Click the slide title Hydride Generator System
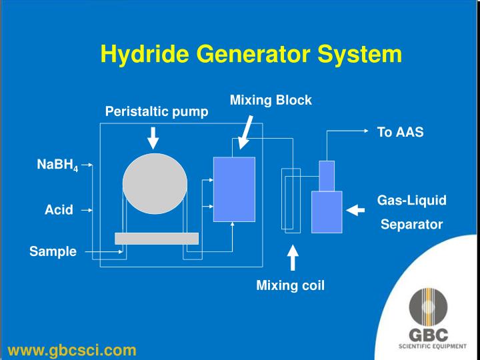point(251,54)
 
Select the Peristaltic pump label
point(157,111)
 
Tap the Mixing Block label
point(271,100)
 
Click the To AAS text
point(400,132)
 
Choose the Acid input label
point(58,209)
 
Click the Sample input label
point(53,251)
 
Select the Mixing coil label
point(290,287)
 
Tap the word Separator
point(411,225)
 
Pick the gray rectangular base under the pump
point(157,238)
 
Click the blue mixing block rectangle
point(234,189)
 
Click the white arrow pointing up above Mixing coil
point(293,259)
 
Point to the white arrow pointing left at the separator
point(356,211)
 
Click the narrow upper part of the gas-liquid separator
point(326,175)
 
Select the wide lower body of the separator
point(327,212)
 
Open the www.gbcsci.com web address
point(72,349)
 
